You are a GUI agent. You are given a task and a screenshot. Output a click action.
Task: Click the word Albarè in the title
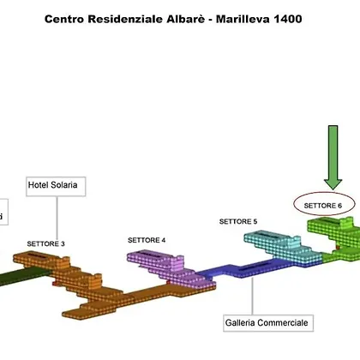(186, 19)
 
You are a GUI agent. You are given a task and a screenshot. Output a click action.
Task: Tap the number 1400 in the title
(288, 19)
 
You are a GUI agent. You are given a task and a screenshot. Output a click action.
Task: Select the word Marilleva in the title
(243, 19)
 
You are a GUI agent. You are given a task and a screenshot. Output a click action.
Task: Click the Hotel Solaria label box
(56, 186)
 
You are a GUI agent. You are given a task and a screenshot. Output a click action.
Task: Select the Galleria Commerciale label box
(268, 323)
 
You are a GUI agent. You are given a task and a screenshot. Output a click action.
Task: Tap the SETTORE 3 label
(46, 244)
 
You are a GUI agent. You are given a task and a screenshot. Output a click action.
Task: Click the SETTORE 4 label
(147, 240)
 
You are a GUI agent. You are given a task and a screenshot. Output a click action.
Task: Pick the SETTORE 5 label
(238, 221)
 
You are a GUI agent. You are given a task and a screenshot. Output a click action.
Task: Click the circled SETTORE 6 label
(323, 206)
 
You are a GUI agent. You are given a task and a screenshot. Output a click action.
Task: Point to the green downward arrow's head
(333, 183)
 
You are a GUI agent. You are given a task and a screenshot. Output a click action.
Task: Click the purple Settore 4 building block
(169, 268)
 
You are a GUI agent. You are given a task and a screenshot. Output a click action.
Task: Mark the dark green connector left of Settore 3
(24, 276)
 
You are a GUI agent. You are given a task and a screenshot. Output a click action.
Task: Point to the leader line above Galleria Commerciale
(252, 296)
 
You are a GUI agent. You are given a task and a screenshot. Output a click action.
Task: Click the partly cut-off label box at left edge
(3, 212)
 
